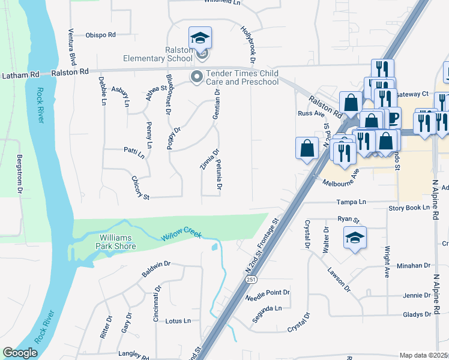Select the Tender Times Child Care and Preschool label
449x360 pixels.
tap(242, 77)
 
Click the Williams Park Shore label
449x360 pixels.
tap(118, 242)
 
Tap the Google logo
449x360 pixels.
tap(20, 353)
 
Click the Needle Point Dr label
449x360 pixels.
tap(268, 296)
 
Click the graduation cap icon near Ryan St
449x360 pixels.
tap(355, 238)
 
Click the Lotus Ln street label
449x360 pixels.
tap(178, 321)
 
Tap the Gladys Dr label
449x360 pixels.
tap(417, 314)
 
